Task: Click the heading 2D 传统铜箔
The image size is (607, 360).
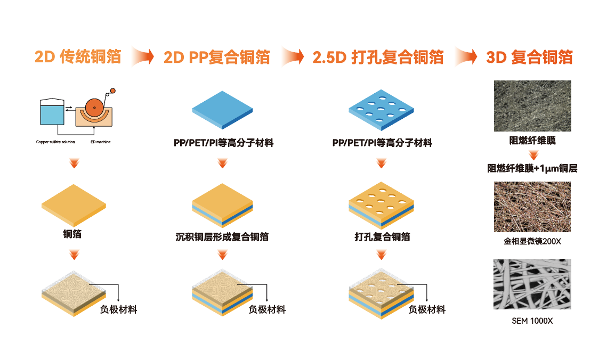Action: click(x=78, y=56)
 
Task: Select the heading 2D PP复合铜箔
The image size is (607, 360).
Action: click(x=216, y=56)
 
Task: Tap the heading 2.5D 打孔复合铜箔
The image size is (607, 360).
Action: click(x=378, y=56)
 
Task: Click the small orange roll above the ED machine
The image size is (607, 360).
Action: click(x=112, y=91)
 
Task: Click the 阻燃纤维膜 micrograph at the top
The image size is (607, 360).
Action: click(x=532, y=105)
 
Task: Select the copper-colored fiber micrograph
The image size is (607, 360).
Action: click(x=532, y=207)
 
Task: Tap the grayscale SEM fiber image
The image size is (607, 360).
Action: click(x=532, y=284)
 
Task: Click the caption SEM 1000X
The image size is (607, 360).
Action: click(x=532, y=321)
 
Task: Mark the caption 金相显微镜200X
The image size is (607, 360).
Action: click(x=532, y=241)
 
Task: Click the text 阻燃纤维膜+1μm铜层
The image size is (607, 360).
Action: click(x=532, y=168)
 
